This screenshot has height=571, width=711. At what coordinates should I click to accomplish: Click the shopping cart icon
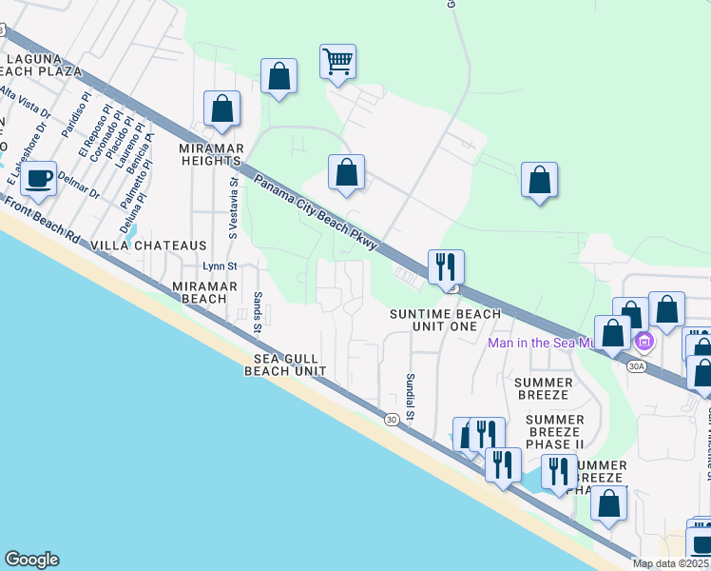pos(337,62)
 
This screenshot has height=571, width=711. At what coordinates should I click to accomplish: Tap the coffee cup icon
pos(39,178)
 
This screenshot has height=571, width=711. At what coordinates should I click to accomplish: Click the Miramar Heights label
pos(213,155)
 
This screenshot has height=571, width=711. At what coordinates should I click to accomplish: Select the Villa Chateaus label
pos(148,246)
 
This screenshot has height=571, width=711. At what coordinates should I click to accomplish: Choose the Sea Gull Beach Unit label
pos(285,364)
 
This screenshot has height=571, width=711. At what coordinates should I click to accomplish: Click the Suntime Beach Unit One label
pos(446,320)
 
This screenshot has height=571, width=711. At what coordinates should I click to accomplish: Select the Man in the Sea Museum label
pos(541,343)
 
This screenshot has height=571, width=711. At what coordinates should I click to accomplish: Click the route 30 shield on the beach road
pos(391,419)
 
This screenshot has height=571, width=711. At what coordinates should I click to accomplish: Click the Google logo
pos(31,560)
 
